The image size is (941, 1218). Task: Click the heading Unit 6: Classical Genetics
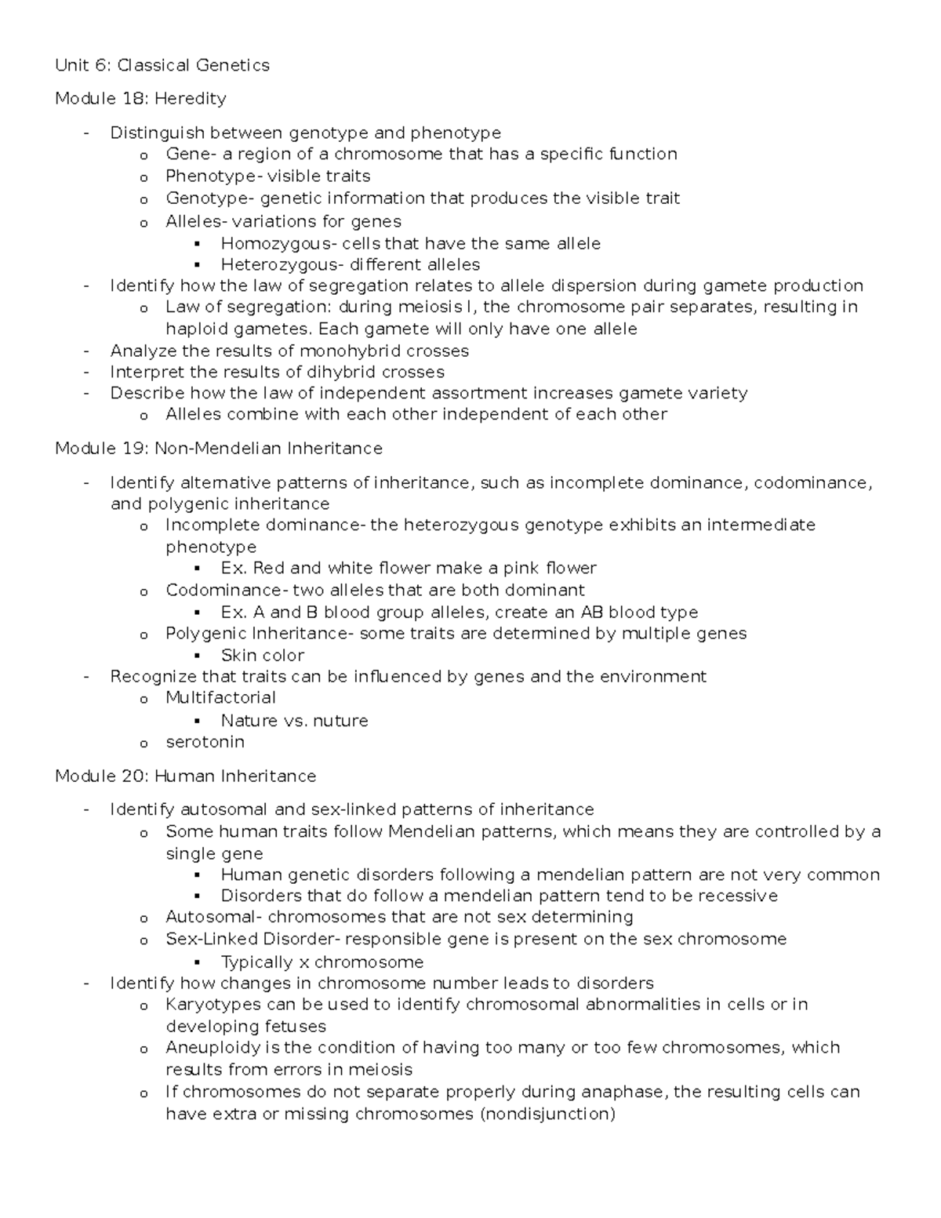pyautogui.click(x=162, y=65)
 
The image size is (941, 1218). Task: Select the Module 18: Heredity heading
pyautogui.click(x=140, y=98)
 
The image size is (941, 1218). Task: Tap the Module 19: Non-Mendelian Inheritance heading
pyautogui.click(x=219, y=449)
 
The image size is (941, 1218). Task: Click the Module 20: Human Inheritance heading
pyautogui.click(x=186, y=776)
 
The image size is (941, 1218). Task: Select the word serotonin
pyautogui.click(x=205, y=741)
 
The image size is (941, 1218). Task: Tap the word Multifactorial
pyautogui.click(x=220, y=697)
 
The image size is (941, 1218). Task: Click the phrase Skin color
pyautogui.click(x=263, y=655)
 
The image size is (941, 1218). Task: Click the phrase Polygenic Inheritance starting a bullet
pyautogui.click(x=260, y=633)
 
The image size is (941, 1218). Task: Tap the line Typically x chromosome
pyautogui.click(x=322, y=962)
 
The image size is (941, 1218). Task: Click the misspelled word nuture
pyautogui.click(x=340, y=720)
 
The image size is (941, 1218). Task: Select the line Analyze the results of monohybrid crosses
pyautogui.click(x=289, y=351)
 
